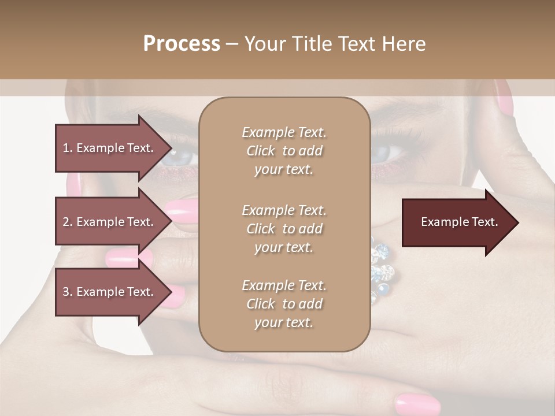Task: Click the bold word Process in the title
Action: pos(182,44)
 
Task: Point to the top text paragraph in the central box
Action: pos(284,151)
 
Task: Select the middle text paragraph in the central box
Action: pos(284,229)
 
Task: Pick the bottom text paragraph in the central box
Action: pos(284,304)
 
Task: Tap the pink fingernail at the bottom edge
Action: pos(417,403)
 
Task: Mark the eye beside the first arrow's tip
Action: pos(179,155)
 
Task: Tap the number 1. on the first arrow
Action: pos(68,148)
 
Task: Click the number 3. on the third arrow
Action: pos(68,292)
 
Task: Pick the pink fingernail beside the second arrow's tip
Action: pos(182,207)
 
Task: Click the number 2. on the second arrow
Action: pos(68,222)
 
